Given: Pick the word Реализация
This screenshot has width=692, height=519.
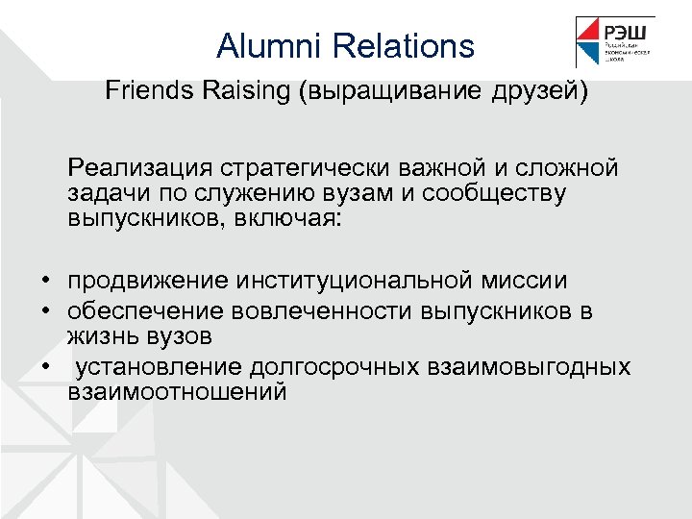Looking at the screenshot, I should click(x=138, y=168).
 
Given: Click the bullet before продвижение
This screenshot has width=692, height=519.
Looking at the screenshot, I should click(x=45, y=281).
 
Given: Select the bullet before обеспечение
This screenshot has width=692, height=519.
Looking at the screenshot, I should click(x=45, y=311).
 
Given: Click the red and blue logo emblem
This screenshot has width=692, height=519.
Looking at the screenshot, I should click(x=588, y=42).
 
